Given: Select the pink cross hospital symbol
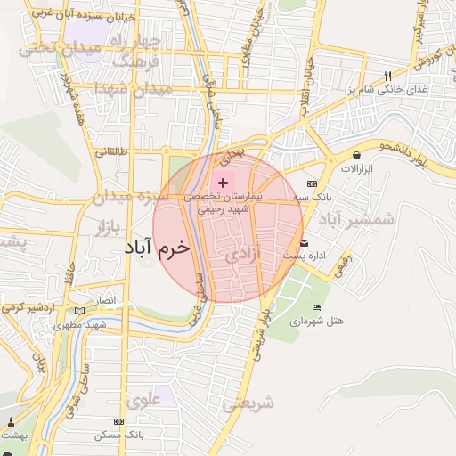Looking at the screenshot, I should click(222, 182).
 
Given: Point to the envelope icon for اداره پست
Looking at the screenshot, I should click(305, 242).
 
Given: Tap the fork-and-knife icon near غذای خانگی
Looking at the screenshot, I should click(387, 77).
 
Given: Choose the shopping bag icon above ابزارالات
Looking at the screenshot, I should click(357, 156).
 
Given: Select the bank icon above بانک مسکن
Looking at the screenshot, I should click(118, 420).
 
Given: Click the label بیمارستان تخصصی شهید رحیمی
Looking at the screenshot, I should click(223, 199).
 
